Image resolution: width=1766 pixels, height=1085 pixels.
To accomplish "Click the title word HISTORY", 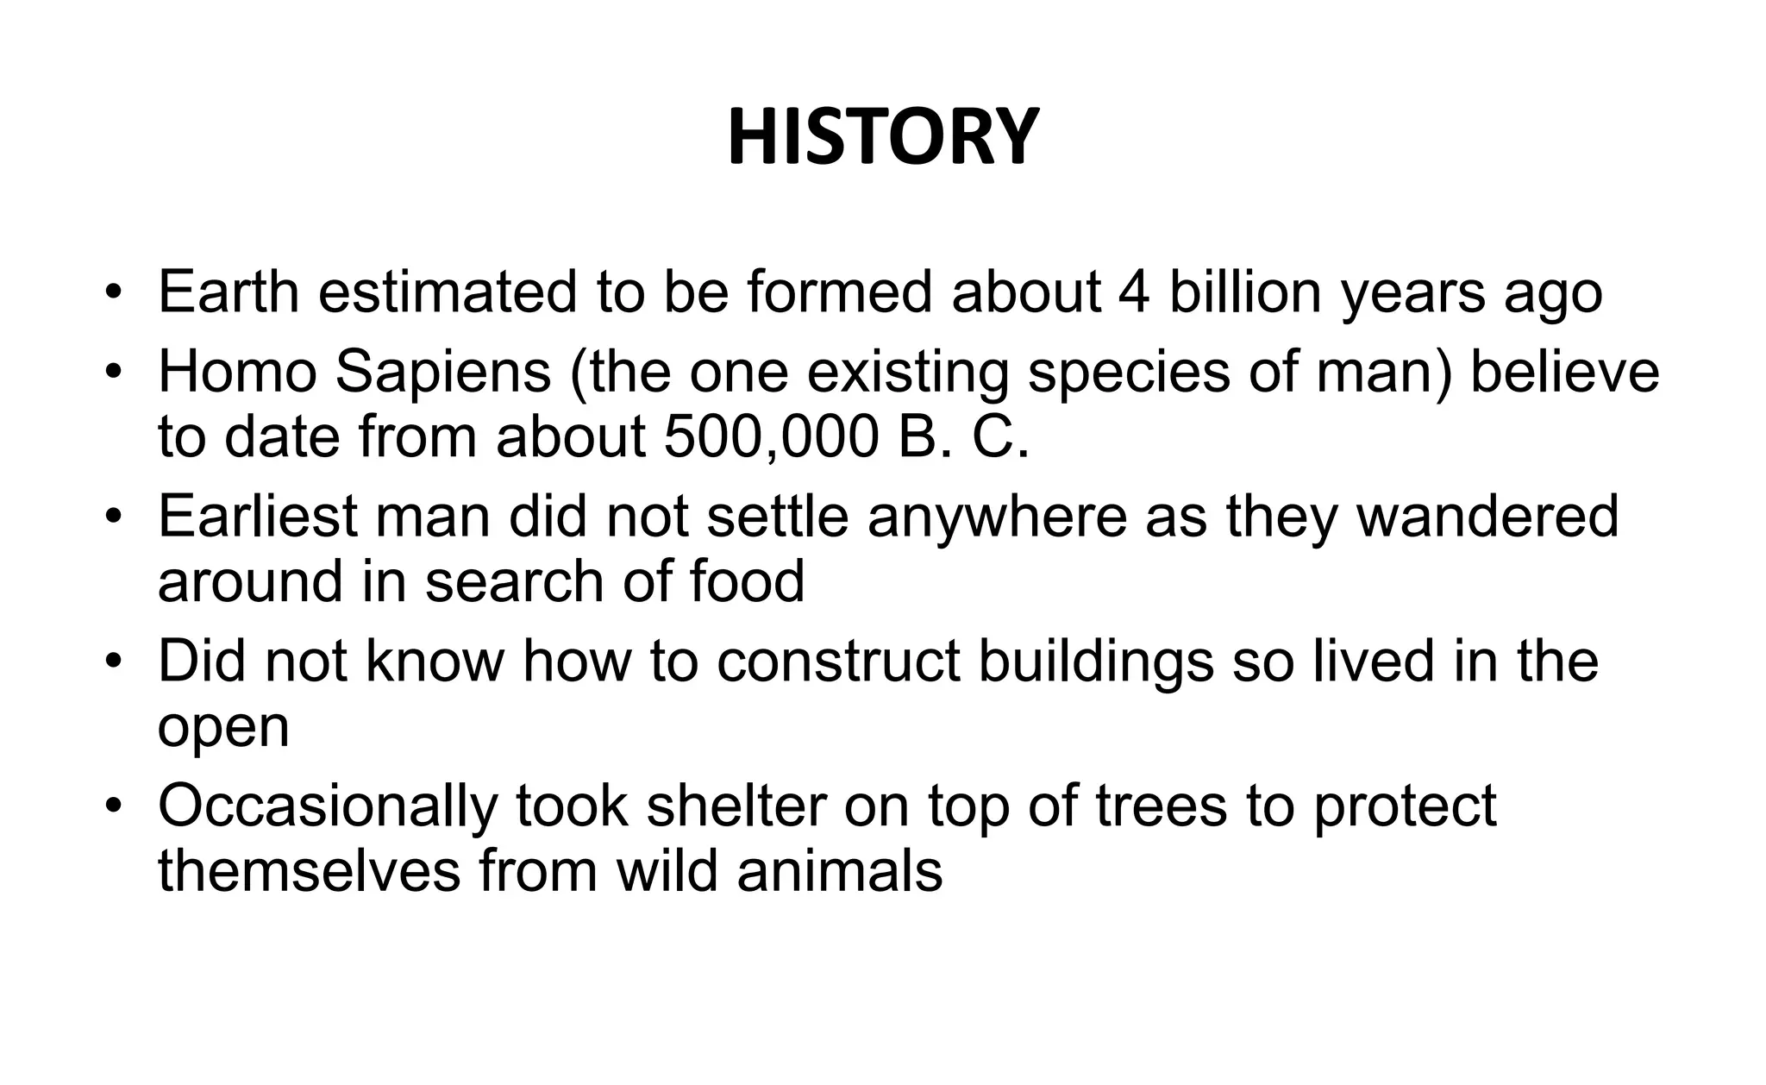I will click(x=882, y=138).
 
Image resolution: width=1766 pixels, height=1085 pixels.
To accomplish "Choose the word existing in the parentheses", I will click(x=907, y=373).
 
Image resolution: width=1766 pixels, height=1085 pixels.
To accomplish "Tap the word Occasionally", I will click(x=328, y=807).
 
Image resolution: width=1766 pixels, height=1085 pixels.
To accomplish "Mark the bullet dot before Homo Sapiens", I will click(x=111, y=373).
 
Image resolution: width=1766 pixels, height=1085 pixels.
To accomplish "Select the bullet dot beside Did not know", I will click(x=111, y=662).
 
